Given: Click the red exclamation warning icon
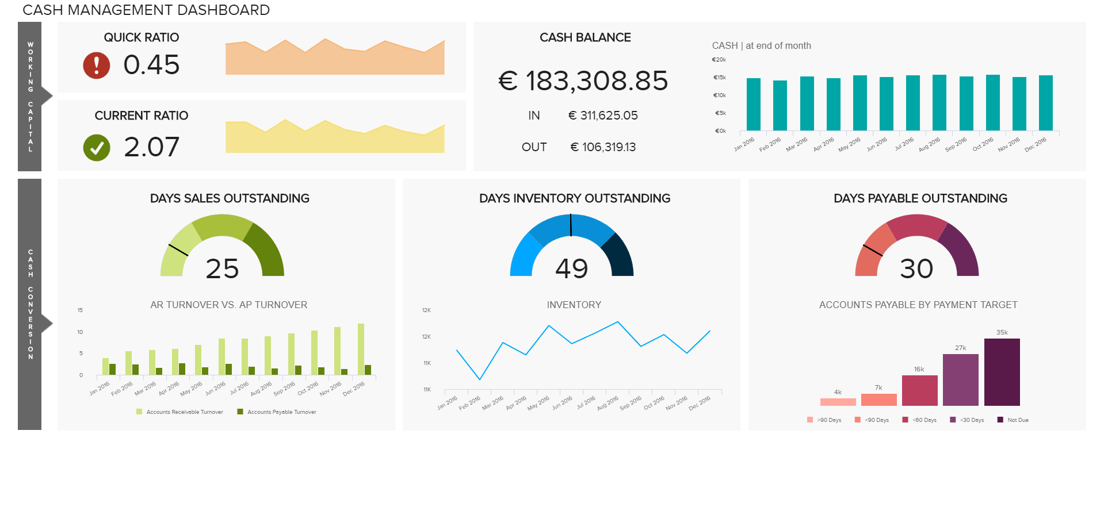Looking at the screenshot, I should (x=96, y=65).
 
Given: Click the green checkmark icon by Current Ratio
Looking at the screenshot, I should (x=96, y=148).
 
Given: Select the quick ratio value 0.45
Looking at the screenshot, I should (x=151, y=64).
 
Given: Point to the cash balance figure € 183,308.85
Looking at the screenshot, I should (x=583, y=80).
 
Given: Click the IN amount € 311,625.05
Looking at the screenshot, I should (x=603, y=116).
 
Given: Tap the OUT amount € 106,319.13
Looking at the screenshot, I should (x=603, y=147).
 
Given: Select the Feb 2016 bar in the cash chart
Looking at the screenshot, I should (x=780, y=106).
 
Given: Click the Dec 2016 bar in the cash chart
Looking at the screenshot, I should (x=1045, y=103).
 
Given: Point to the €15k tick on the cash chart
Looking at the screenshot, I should (x=719, y=78).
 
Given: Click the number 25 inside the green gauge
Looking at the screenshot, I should (x=222, y=268).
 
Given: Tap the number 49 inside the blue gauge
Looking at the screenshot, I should (x=571, y=268).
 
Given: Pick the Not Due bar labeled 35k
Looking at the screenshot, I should (x=1002, y=372).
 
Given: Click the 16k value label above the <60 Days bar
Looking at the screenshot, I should (x=919, y=369).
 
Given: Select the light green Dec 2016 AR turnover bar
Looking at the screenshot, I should (x=361, y=349).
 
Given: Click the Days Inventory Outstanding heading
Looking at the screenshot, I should (x=574, y=198).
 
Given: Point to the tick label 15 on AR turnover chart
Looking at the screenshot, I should (x=80, y=310).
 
